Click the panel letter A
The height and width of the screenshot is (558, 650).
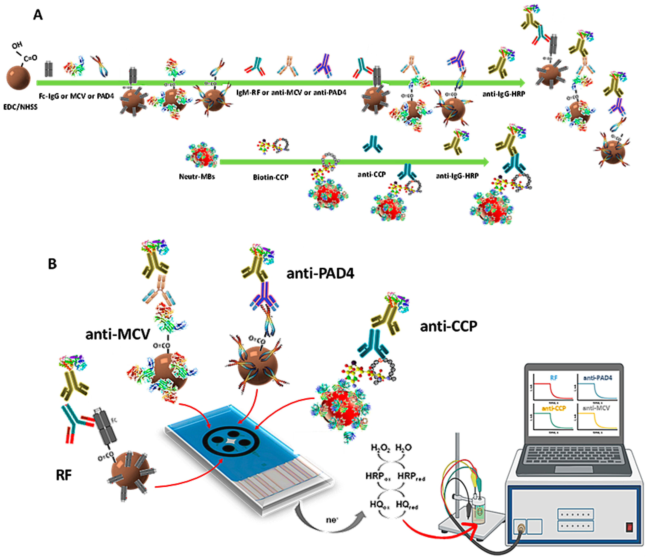38,15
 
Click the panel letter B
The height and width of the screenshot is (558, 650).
52,264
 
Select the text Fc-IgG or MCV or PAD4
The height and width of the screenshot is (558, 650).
76,96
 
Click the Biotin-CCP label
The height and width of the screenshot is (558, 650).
270,177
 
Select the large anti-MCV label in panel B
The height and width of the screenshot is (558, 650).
118,334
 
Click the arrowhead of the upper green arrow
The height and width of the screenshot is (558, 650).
522,83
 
